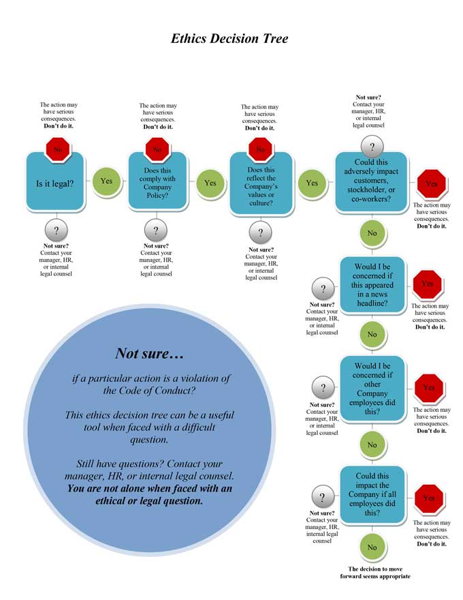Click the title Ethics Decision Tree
pos(229,39)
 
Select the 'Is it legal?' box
pos(54,183)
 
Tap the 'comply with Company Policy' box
pos(158,183)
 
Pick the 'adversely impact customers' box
pos(372,181)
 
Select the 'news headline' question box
pos(372,285)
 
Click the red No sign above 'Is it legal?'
pos(57,149)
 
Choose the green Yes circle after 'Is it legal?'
pos(106,181)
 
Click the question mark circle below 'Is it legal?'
pos(56,230)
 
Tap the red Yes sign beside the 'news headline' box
pos(428,284)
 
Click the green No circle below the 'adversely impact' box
pos(372,233)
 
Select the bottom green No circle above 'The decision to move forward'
pos(372,547)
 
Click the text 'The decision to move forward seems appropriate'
pos(374,572)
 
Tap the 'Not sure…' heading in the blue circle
pos(150,353)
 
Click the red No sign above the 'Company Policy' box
pos(157,149)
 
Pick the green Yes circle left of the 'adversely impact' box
pos(312,183)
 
